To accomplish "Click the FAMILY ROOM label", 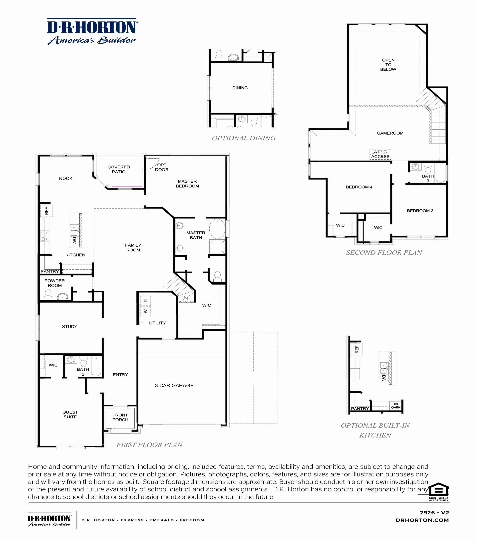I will (x=133, y=247).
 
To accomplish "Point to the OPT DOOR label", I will (x=161, y=167).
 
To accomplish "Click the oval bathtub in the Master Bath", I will (x=217, y=229).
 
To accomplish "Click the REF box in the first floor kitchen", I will (x=46, y=211).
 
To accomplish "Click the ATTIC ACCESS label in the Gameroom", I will (x=380, y=154).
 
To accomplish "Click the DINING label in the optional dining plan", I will (x=240, y=88).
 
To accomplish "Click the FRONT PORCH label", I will (x=120, y=417).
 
